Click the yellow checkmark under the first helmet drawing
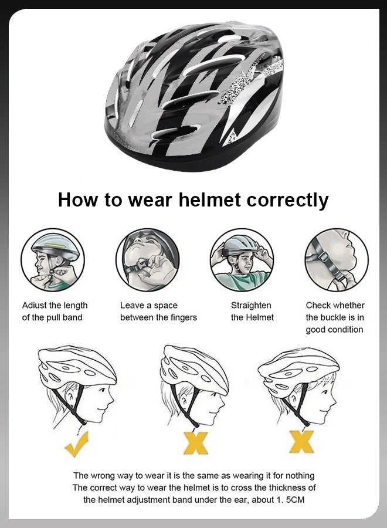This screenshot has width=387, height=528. pyautogui.click(x=77, y=444)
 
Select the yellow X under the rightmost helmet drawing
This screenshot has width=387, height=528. pyautogui.click(x=301, y=441)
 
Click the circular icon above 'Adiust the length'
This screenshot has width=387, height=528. pyautogui.click(x=53, y=260)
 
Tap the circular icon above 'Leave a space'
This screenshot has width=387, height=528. pyautogui.click(x=147, y=260)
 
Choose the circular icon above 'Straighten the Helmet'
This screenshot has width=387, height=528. pyautogui.click(x=242, y=260)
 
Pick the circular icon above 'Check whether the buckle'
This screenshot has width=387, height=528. pyautogui.click(x=336, y=260)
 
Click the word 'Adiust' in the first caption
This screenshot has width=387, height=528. pyautogui.click(x=35, y=305)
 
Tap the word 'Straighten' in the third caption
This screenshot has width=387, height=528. pyautogui.click(x=251, y=305)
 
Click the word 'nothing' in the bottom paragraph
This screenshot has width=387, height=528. pyautogui.click(x=298, y=475)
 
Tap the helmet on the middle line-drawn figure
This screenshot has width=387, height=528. pyautogui.click(x=193, y=367)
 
